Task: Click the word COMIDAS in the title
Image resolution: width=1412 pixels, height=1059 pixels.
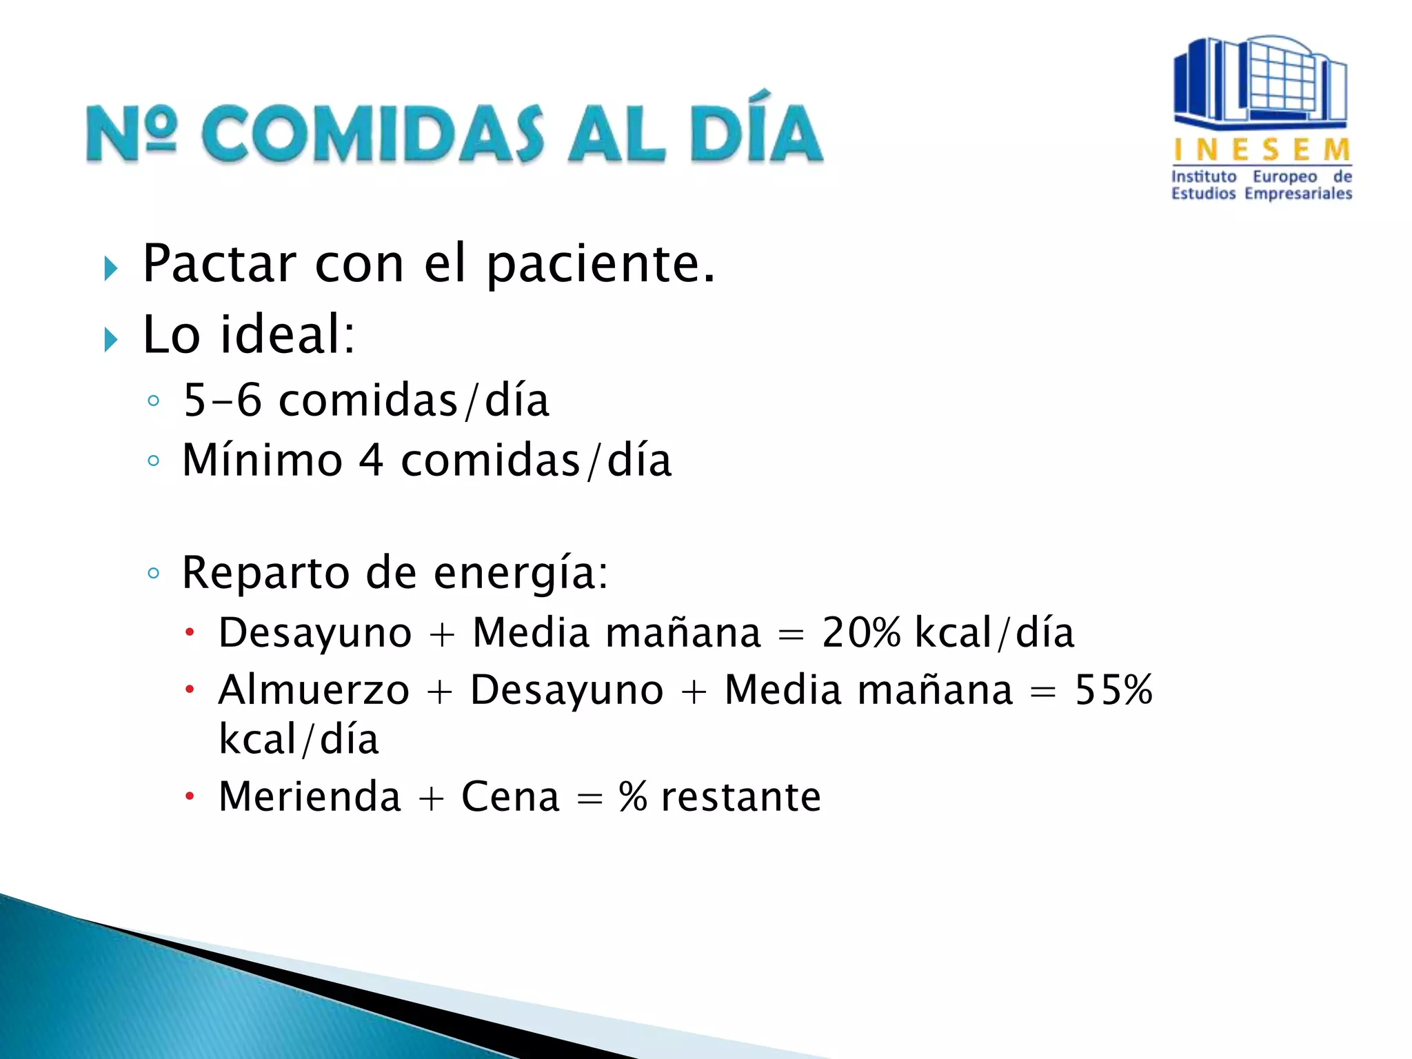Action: [372, 134]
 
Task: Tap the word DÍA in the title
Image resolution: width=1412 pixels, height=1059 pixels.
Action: [755, 131]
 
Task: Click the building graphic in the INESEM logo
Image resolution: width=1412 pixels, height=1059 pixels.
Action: [1260, 83]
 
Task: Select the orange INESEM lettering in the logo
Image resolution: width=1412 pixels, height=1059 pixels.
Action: [1262, 150]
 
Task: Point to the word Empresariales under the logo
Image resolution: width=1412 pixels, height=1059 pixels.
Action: [1298, 194]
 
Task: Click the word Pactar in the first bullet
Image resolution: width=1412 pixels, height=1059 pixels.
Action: [219, 264]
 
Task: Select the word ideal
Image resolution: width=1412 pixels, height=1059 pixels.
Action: [287, 335]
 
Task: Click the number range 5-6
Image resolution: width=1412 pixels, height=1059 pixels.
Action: [223, 401]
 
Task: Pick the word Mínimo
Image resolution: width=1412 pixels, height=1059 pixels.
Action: [262, 461]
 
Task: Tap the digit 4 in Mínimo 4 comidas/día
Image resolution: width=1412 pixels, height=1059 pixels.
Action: [371, 461]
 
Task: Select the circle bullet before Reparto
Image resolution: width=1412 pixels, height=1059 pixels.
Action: [154, 573]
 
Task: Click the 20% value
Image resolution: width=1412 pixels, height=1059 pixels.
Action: [861, 632]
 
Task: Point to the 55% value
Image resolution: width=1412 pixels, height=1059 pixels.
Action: [1113, 689]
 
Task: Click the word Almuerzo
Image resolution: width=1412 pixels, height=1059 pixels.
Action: [314, 689]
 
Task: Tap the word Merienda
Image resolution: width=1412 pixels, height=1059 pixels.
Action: [310, 797]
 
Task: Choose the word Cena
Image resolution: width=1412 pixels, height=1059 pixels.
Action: [510, 797]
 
